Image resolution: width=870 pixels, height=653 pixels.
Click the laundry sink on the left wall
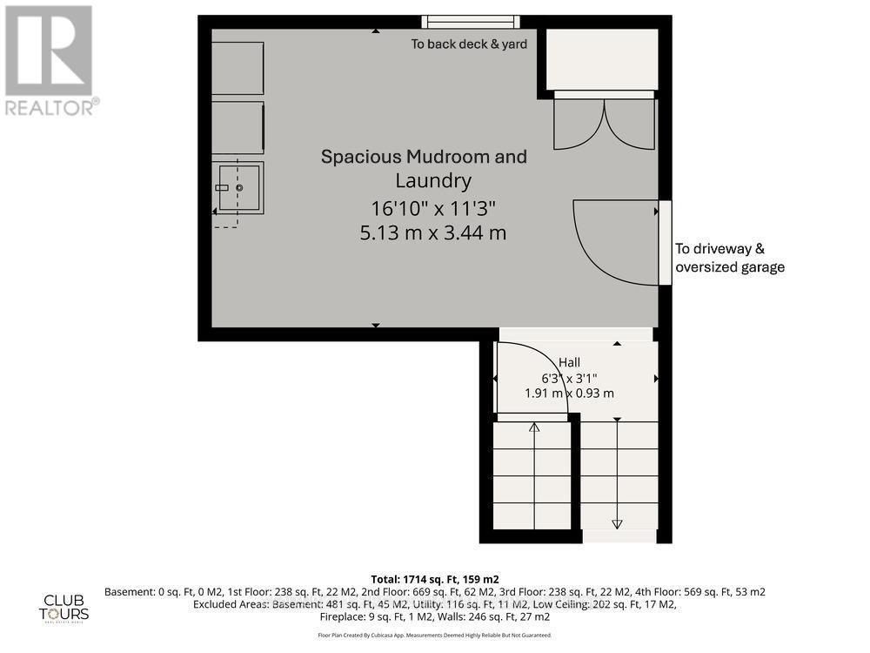[x=238, y=187]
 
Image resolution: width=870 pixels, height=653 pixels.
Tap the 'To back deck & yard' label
[x=469, y=44]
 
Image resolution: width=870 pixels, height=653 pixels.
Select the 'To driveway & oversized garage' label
[x=729, y=258]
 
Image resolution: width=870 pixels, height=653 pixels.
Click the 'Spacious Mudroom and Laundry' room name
[x=424, y=168]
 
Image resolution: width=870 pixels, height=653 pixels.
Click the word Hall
[x=570, y=362]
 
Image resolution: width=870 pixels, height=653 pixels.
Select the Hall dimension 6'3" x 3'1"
[x=570, y=378]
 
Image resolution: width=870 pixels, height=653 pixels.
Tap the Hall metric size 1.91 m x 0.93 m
[x=570, y=393]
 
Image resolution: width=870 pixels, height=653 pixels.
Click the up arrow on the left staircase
[x=534, y=427]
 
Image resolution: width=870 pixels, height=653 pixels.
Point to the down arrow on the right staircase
[x=618, y=523]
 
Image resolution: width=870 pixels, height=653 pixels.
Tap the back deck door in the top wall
[x=472, y=22]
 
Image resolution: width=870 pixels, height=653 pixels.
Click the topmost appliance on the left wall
[x=238, y=68]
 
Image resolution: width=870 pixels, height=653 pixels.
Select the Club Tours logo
[x=66, y=606]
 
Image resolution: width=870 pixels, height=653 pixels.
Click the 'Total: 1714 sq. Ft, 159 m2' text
[x=434, y=578]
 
